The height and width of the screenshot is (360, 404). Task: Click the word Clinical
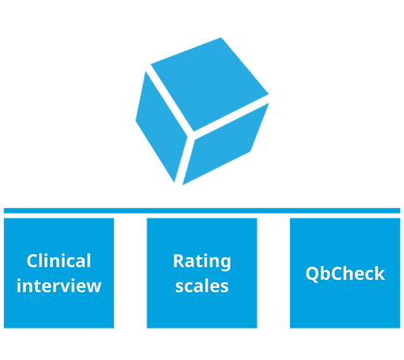click(59, 260)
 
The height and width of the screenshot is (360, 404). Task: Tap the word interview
click(59, 286)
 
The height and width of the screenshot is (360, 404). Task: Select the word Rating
click(202, 262)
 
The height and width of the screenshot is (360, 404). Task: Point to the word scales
click(202, 286)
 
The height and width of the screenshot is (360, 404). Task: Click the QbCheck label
click(345, 274)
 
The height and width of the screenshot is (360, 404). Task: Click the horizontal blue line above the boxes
click(202, 210)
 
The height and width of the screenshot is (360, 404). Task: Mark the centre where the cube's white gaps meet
click(191, 135)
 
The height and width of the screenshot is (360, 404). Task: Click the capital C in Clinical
click(32, 261)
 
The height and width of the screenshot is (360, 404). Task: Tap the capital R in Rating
click(179, 261)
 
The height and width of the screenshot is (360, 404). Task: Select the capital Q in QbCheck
click(313, 274)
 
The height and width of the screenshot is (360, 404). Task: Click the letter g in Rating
click(225, 264)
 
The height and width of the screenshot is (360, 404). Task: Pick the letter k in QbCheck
click(379, 273)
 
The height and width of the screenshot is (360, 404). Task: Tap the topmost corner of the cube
click(221, 38)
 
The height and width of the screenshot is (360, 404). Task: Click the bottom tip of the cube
click(183, 185)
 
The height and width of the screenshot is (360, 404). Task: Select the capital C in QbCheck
click(337, 273)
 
